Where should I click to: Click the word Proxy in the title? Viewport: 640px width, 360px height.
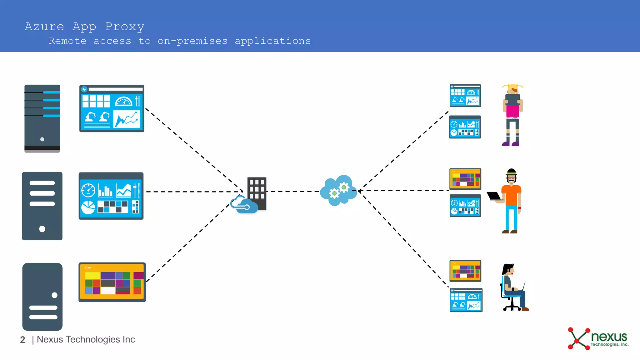pyautogui.click(x=124, y=27)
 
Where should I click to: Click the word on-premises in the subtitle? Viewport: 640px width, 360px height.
pyautogui.click(x=192, y=41)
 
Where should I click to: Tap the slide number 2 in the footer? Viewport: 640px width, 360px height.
pyautogui.click(x=22, y=340)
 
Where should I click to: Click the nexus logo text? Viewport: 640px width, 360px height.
pyautogui.click(x=609, y=337)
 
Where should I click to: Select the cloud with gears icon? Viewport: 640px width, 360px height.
pyautogui.click(x=338, y=190)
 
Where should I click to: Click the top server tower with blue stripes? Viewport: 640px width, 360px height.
pyautogui.click(x=42, y=118)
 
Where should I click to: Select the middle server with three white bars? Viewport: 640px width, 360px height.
pyautogui.click(x=42, y=206)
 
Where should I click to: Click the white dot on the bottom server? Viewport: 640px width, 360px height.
pyautogui.click(x=54, y=295)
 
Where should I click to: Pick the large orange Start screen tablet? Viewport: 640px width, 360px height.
pyautogui.click(x=112, y=282)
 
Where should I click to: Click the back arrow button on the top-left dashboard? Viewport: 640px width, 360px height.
pyautogui.click(x=84, y=89)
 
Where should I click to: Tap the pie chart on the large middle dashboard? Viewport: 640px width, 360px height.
pyautogui.click(x=88, y=207)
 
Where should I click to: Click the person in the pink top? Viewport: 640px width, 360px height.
pyautogui.click(x=512, y=115)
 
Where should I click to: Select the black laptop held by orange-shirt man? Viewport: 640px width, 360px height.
pyautogui.click(x=494, y=196)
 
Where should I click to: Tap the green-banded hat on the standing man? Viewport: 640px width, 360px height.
pyautogui.click(x=512, y=172)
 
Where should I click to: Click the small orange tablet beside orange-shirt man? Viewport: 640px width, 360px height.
pyautogui.click(x=465, y=179)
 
